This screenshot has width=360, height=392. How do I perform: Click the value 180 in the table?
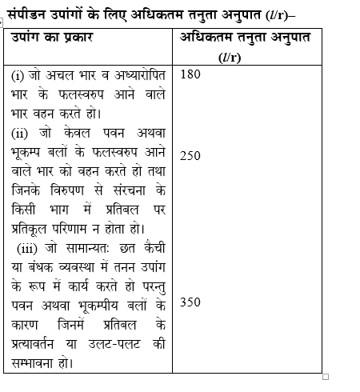pos(192,75)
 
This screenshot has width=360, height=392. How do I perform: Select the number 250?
pos(191,156)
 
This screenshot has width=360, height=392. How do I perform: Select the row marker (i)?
pos(18,75)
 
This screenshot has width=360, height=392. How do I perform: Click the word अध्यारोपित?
pos(139,75)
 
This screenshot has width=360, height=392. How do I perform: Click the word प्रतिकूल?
pos(34,229)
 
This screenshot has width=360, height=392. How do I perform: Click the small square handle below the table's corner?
pos(326,376)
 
